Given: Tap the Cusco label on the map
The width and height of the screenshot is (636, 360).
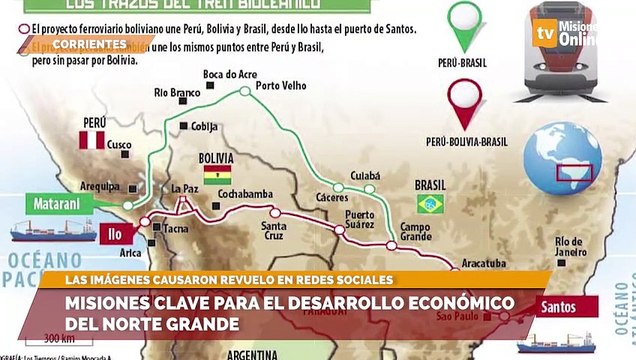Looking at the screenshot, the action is tap(119, 145).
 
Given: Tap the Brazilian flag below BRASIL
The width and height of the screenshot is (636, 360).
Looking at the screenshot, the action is tap(431, 203).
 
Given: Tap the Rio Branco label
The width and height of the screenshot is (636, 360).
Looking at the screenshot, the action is tap(178, 92).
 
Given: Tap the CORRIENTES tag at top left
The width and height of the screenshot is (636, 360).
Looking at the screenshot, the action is tap(89, 44).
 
